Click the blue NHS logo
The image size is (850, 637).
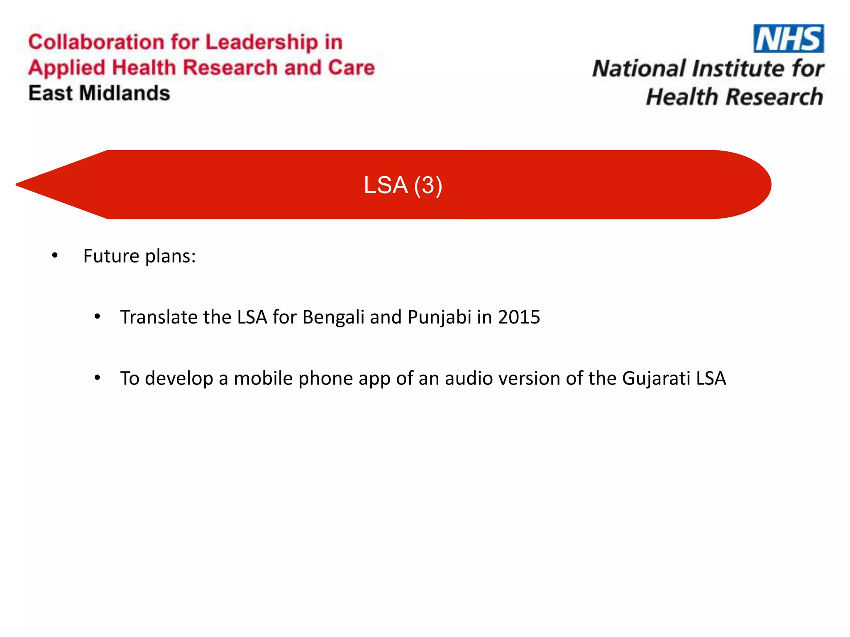pos(789,39)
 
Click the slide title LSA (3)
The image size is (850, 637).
pos(403,185)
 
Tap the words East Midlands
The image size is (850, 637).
pos(99,93)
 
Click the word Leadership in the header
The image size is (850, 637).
pos(261,43)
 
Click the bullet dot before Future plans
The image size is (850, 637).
pos(55,256)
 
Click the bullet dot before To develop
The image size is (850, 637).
pos(97,378)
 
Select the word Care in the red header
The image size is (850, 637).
pos(351,68)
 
